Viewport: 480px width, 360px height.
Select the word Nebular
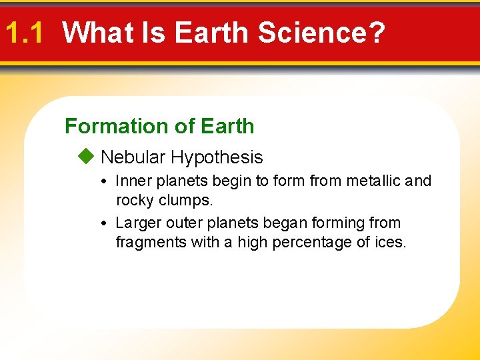(x=133, y=157)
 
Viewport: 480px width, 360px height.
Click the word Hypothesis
(x=217, y=158)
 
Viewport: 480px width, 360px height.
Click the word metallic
(x=377, y=181)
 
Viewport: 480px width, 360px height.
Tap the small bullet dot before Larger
(x=108, y=223)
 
